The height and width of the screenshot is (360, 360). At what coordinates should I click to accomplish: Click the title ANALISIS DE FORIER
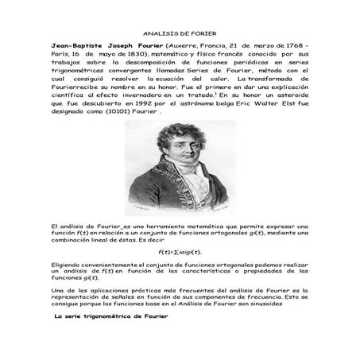click(x=180, y=35)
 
